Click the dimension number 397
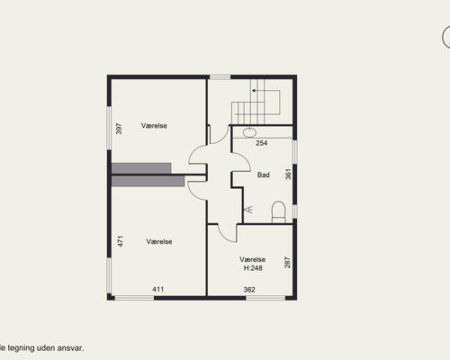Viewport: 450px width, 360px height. coord(119,129)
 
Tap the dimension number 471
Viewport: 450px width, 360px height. coord(121,241)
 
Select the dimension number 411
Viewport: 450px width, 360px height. coord(158,290)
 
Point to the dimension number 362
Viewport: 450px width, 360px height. coord(249,290)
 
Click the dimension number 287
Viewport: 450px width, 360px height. coord(287,262)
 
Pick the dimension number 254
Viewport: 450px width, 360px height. coord(262,143)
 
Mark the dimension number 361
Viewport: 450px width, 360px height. coord(288,175)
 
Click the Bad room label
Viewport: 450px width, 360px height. coord(264,175)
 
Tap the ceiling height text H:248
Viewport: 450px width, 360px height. coord(253,268)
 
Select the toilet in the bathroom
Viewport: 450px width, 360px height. coord(278,212)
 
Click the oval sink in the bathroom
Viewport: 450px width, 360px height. coord(249,132)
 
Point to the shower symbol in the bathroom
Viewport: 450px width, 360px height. coord(249,209)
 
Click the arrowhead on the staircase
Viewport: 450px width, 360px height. coord(254,90)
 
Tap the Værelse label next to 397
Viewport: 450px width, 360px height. coord(154,126)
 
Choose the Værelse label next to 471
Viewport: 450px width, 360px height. coord(159,241)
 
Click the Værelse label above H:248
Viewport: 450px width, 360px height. coord(253,259)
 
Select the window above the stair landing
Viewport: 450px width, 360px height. coord(220,77)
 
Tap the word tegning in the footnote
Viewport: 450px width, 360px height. coord(21,348)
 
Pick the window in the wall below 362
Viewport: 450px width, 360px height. coord(265,298)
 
